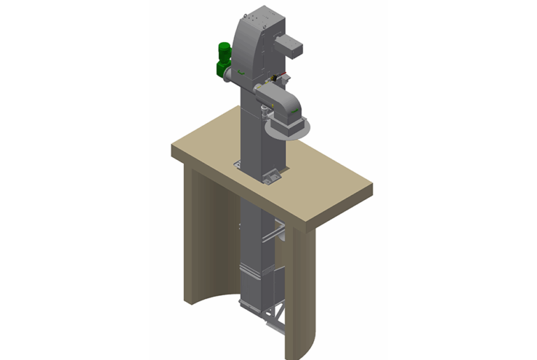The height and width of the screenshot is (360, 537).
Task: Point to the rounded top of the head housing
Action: tap(255, 24)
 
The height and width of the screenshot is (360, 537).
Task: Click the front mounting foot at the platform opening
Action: tap(271, 180)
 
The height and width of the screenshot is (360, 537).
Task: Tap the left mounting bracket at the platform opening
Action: tap(237, 164)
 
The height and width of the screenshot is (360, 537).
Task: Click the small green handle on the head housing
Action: tap(240, 72)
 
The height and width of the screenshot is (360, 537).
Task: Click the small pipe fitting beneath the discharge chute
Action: tap(264, 113)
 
